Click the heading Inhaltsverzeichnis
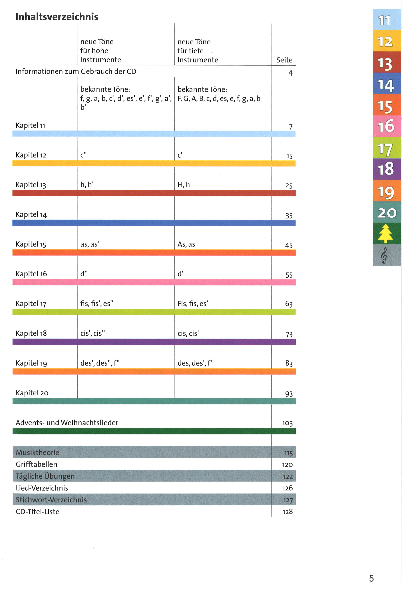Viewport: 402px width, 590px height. coord(57,17)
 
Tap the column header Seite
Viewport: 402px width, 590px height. coord(284,60)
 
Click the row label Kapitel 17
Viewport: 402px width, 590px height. coord(31,304)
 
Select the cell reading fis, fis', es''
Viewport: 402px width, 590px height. coord(97,304)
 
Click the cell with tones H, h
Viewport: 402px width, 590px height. coord(184,185)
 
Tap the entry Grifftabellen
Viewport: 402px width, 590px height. coord(36,464)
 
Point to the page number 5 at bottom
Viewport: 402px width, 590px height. coord(371,578)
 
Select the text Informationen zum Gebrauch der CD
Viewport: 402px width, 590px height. coord(76,72)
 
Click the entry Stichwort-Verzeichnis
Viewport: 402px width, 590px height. coord(51,500)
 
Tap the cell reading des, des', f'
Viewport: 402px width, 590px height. coord(194,363)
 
